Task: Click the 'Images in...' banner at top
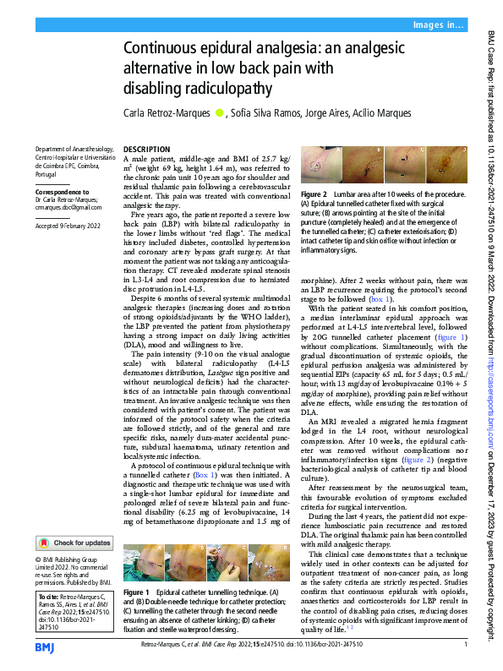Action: (x=438, y=26)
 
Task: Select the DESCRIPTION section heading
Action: (x=145, y=149)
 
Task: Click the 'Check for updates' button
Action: (x=74, y=543)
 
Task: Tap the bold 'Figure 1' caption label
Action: (x=135, y=592)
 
